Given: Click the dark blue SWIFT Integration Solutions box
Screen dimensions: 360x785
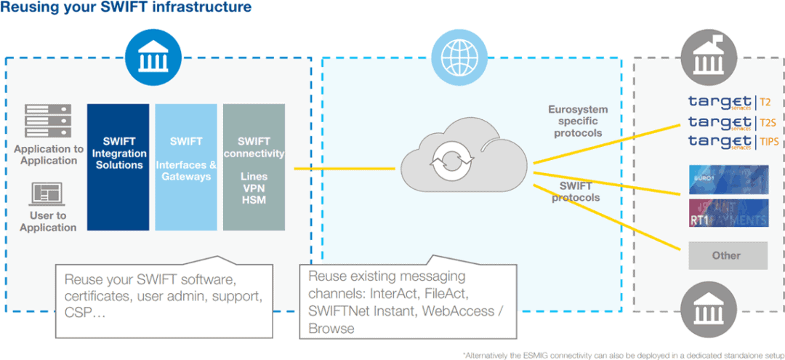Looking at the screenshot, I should point(118,167).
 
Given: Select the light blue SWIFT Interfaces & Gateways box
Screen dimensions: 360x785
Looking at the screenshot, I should point(186,167).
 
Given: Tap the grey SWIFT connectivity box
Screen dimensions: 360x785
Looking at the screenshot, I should point(254,167).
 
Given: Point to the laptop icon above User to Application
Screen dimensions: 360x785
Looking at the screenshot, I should point(48,194).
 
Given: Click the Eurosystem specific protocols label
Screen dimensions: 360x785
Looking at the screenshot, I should point(578,121).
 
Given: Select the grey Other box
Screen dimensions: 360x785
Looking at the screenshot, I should point(728,255).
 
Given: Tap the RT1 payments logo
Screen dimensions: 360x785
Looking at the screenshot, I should point(728,214).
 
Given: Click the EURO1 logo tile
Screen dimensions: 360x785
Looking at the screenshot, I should point(728,179).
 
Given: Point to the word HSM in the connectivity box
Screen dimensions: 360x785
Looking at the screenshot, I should point(254,200).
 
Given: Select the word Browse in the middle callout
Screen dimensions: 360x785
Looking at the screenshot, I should point(331,329).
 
